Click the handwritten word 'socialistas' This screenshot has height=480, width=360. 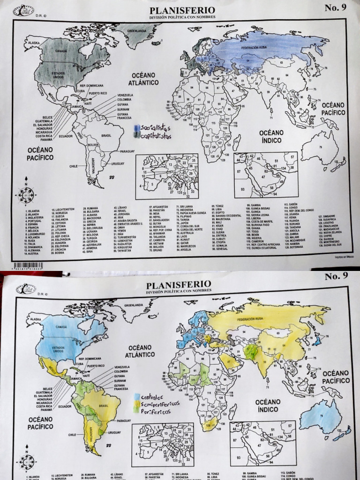[156, 128]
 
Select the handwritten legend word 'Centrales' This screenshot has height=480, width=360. [150, 397]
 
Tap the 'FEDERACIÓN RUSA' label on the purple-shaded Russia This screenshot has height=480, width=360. [256, 48]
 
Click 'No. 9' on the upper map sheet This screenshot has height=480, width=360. [335, 7]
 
